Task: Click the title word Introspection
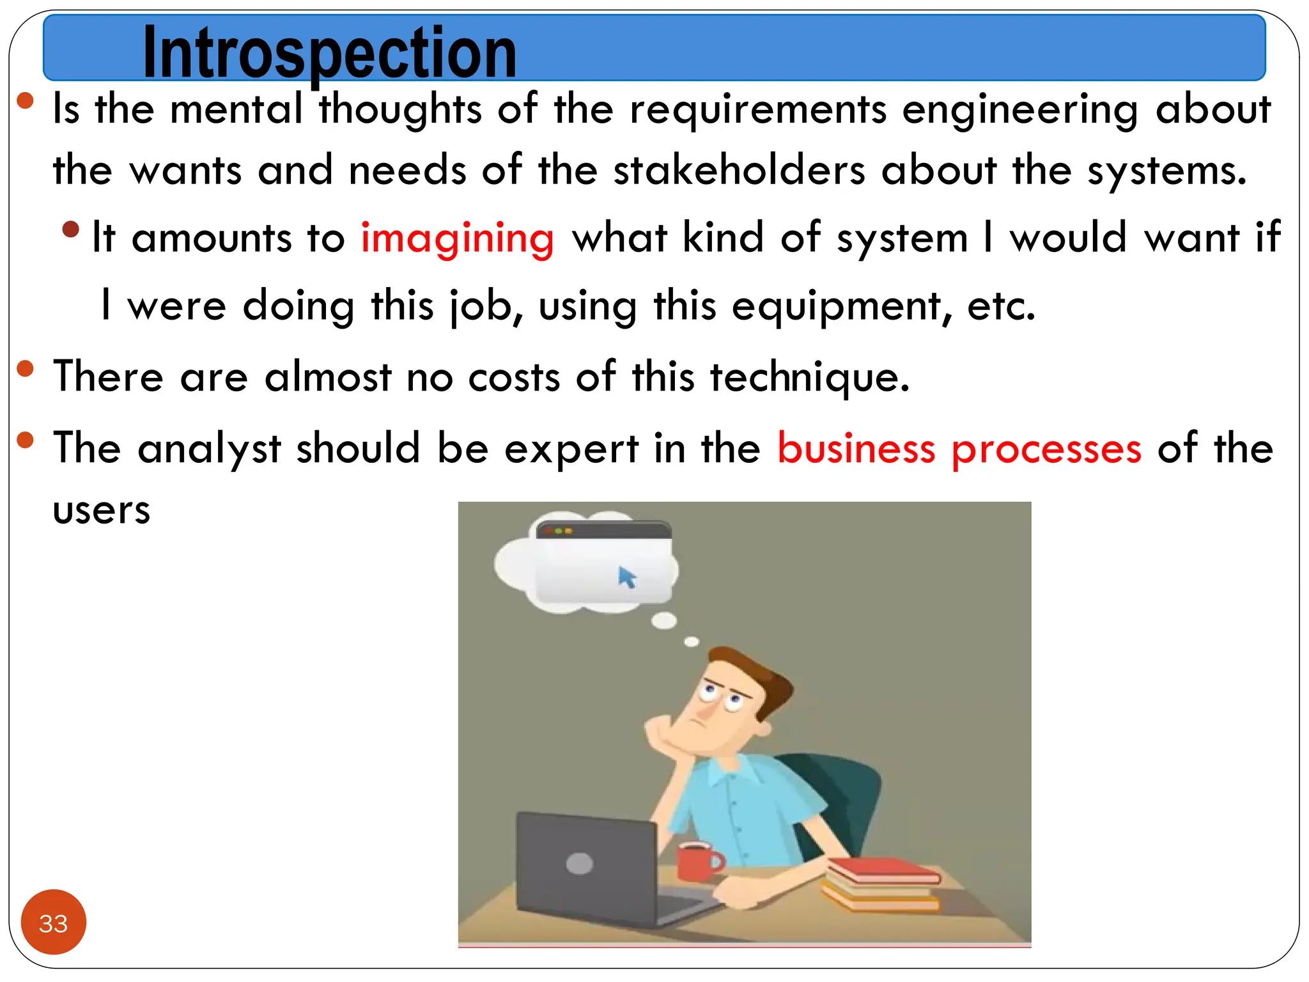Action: tap(329, 52)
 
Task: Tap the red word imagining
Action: tap(457, 238)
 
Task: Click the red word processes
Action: tap(1046, 449)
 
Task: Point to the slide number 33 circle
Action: tap(54, 922)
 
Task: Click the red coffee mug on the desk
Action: tap(697, 861)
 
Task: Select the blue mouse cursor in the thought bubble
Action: tap(627, 577)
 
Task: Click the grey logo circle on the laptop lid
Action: tap(579, 864)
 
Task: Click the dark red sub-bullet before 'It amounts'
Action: tap(71, 229)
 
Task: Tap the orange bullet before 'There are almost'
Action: tap(25, 369)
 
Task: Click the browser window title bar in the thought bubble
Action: tap(603, 531)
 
